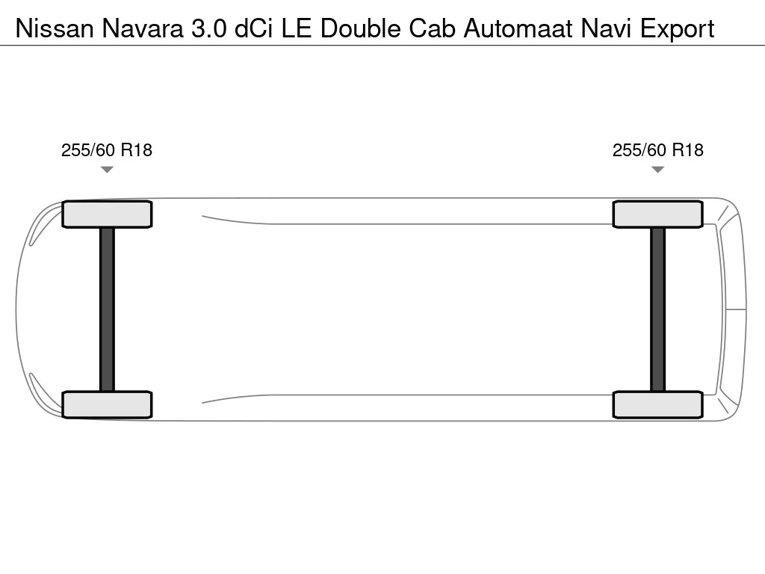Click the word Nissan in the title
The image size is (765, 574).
[x=55, y=28]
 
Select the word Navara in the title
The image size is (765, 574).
[x=143, y=28]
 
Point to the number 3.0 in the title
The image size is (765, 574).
[x=209, y=28]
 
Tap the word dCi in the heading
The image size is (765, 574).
[x=254, y=28]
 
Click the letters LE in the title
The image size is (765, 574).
[x=296, y=28]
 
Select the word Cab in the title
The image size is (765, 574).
[x=432, y=28]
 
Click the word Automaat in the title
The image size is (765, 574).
[x=518, y=28]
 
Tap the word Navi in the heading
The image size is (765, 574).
[x=606, y=28]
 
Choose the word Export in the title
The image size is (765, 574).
[x=677, y=28]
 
